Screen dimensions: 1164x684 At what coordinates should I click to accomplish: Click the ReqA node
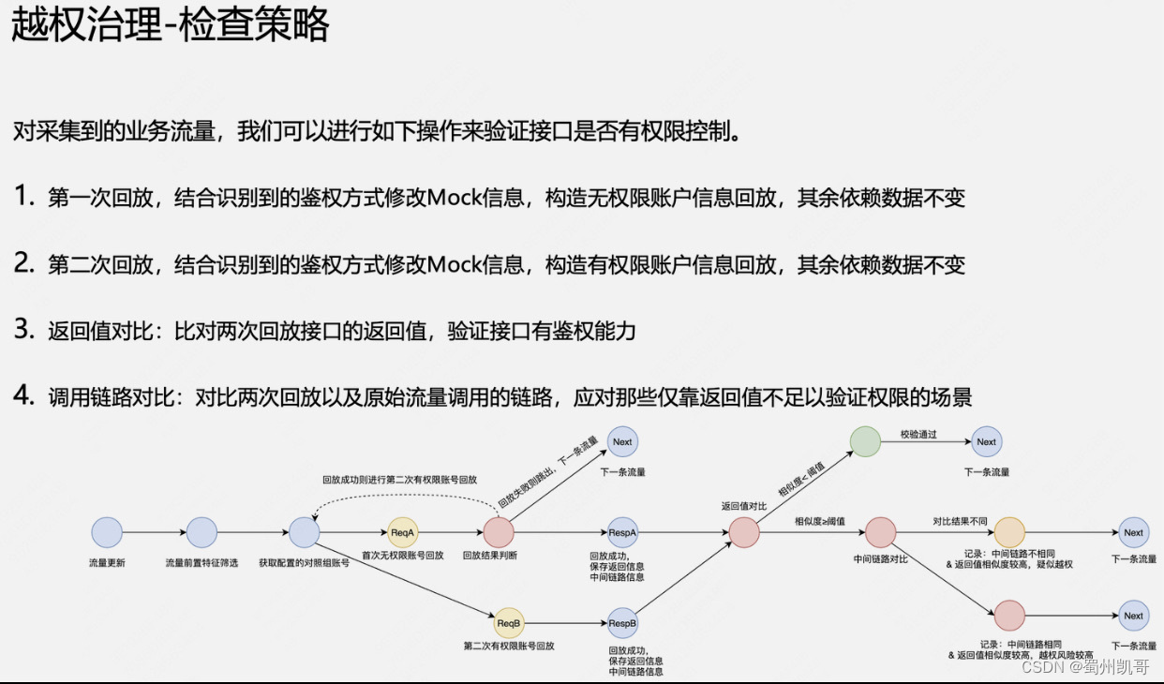click(x=403, y=532)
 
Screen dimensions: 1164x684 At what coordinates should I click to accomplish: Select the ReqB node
click(x=509, y=623)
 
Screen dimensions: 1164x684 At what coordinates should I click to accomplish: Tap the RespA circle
click(x=623, y=532)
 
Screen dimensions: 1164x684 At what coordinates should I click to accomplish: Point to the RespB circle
click(x=623, y=623)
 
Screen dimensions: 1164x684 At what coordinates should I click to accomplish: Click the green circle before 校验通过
click(x=865, y=441)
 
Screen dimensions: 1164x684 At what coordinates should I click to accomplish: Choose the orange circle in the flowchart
click(x=1009, y=532)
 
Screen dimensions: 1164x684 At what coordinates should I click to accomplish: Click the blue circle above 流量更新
click(x=107, y=532)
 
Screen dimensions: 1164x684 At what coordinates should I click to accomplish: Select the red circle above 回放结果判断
click(x=499, y=532)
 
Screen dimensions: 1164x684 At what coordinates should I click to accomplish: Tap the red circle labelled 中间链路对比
click(x=880, y=532)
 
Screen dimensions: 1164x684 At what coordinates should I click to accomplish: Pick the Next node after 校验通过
click(x=986, y=441)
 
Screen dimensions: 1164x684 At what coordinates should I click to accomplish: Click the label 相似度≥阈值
click(x=820, y=521)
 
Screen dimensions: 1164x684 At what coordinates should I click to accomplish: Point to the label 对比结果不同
click(x=961, y=521)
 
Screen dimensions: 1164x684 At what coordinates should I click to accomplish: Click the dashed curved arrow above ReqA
click(x=398, y=497)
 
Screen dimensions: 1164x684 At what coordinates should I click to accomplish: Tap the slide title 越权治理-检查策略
click(x=171, y=26)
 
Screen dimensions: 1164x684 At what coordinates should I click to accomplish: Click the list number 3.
click(x=22, y=330)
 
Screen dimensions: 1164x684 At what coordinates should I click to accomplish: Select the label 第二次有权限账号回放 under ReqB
click(x=509, y=647)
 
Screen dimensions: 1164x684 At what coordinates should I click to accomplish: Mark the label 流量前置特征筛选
click(x=201, y=563)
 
